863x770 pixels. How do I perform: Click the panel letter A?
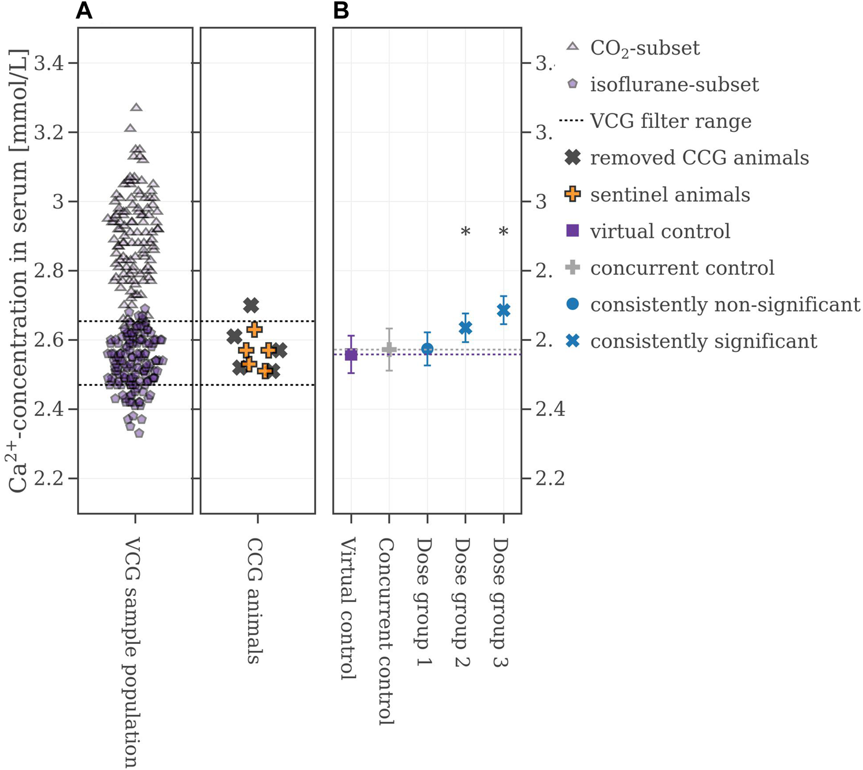tap(84, 10)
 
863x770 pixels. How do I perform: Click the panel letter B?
tap(341, 10)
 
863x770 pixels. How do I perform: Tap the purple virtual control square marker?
tap(351, 354)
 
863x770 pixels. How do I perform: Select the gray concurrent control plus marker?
tap(389, 349)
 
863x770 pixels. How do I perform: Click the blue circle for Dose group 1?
tap(427, 349)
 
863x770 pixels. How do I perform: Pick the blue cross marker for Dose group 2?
tap(465, 328)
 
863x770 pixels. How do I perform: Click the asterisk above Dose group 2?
tap(466, 232)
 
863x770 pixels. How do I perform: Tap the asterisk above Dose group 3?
tap(503, 232)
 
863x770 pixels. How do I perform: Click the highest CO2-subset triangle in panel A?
tap(136, 107)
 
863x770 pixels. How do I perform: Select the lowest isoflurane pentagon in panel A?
tap(139, 433)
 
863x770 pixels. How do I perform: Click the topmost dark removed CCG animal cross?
tap(251, 305)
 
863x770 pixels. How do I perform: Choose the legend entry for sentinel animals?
tap(670, 195)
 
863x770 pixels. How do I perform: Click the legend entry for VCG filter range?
tap(670, 122)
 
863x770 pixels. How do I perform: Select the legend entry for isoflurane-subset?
tap(674, 85)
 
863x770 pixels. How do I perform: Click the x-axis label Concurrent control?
tap(386, 631)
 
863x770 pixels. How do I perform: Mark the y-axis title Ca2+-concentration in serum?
tap(19, 271)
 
